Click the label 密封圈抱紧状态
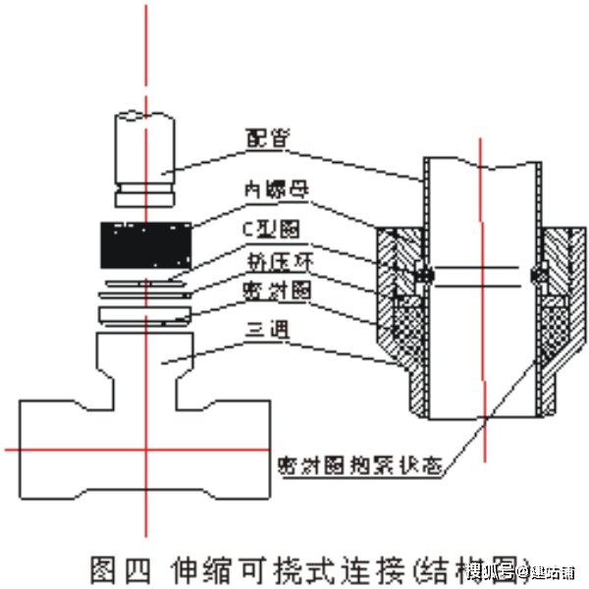(354, 460)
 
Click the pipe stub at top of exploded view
(145, 147)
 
